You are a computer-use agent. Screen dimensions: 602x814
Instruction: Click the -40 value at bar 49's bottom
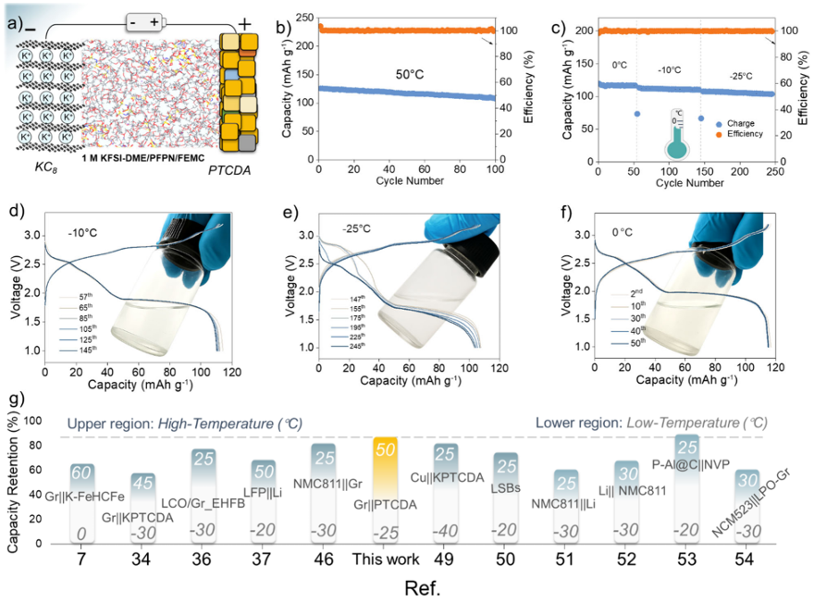click(444, 531)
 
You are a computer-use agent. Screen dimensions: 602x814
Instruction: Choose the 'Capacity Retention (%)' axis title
click(13, 484)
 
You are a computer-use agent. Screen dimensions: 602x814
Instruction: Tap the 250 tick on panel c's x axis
click(773, 171)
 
